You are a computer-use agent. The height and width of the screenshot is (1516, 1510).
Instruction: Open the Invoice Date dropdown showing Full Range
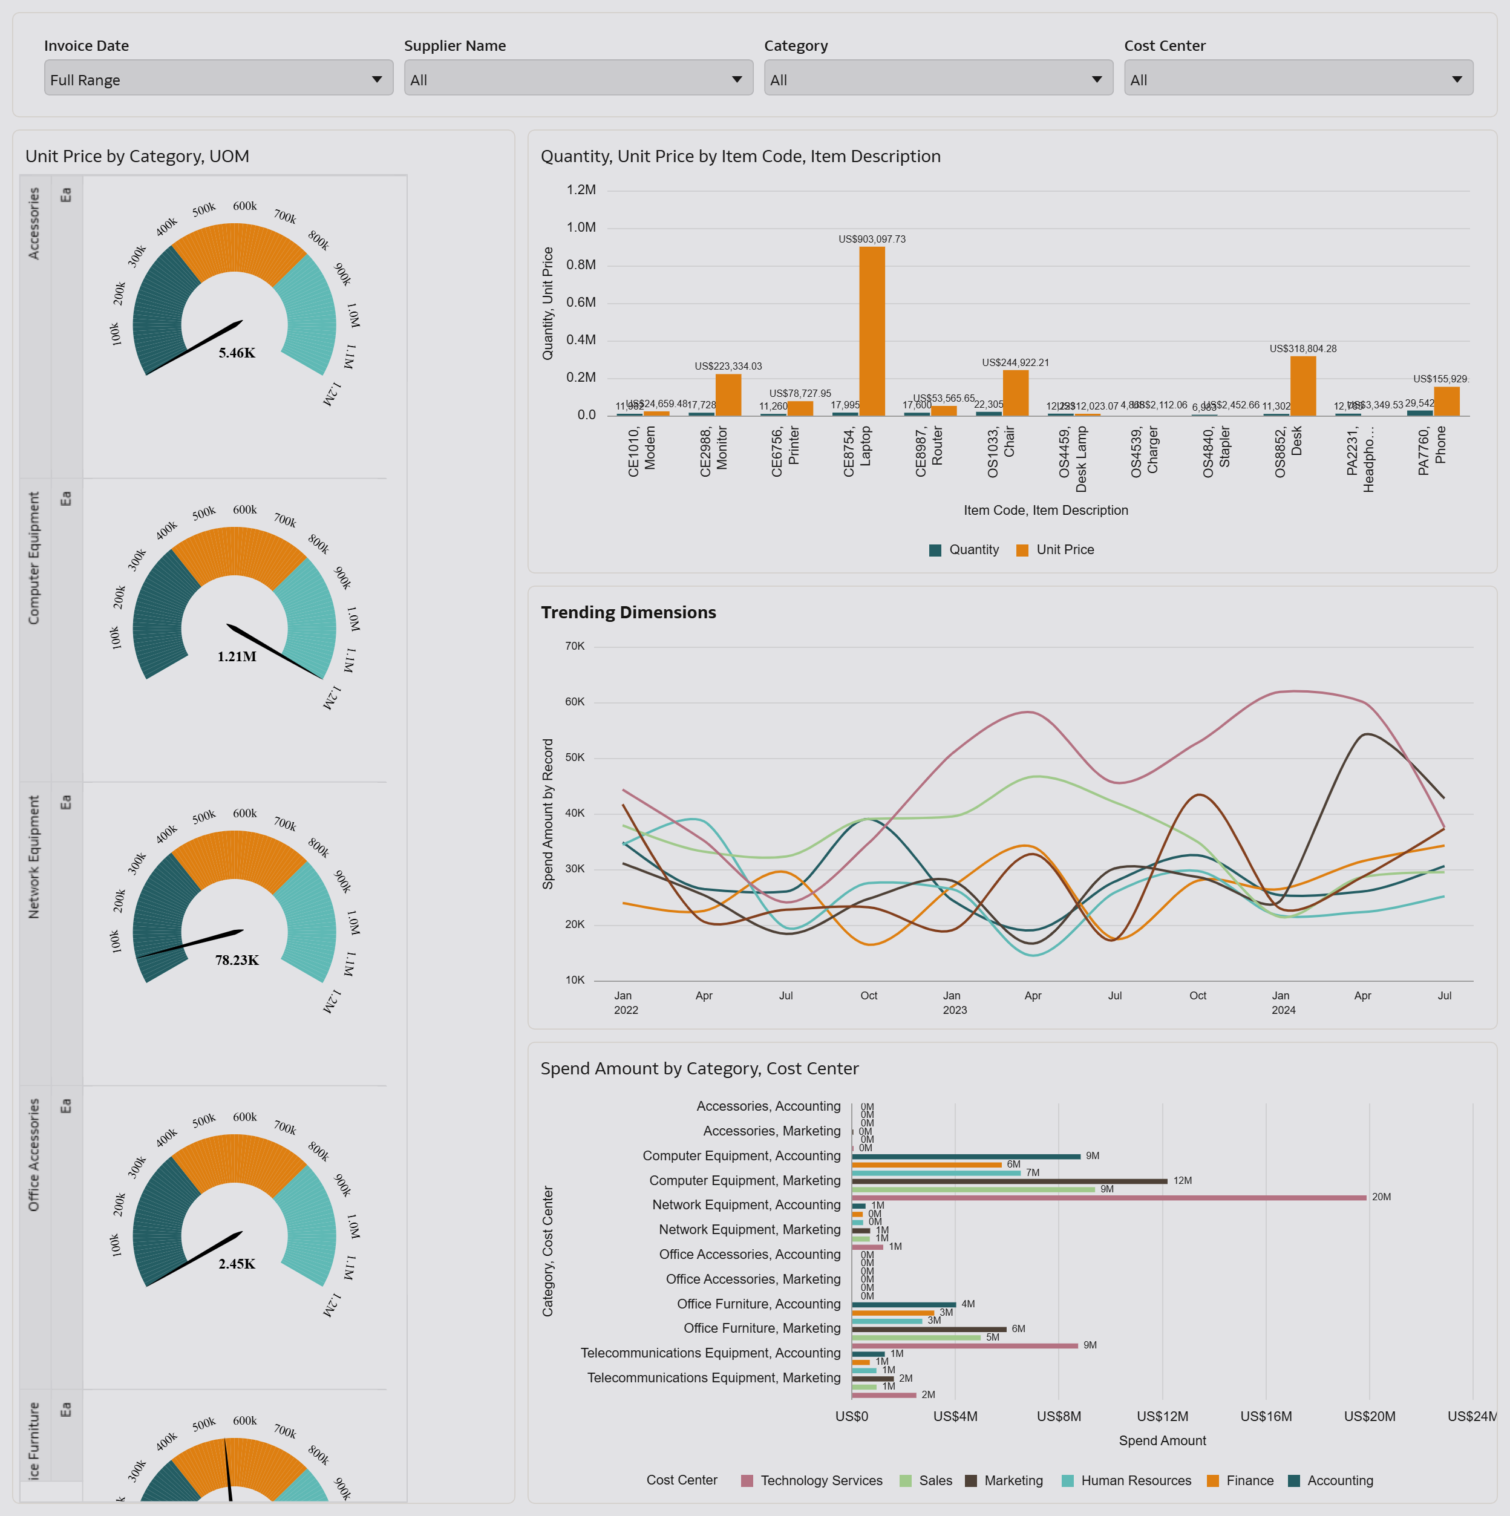[x=218, y=79]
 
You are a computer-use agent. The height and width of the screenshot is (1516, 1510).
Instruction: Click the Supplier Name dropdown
[x=578, y=79]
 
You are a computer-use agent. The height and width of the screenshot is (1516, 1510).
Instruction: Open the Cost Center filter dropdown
[x=1298, y=79]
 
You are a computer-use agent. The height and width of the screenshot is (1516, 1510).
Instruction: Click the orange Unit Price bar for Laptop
[x=872, y=330]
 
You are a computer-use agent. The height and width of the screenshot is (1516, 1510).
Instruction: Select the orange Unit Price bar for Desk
[x=1303, y=385]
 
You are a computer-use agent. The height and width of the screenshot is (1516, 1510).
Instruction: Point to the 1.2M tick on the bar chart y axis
[x=581, y=190]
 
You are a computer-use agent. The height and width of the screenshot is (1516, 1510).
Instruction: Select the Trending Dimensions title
[x=628, y=612]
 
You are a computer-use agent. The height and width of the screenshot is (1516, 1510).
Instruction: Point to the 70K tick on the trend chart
[x=575, y=647]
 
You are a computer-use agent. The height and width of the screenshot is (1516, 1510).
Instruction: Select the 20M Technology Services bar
[x=1108, y=1197]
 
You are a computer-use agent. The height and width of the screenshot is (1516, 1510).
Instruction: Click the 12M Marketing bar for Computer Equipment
[x=1008, y=1181]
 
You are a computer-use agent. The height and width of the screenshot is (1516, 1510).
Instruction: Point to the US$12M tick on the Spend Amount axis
[x=1162, y=1416]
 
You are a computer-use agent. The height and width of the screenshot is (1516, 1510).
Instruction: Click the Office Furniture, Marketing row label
[x=761, y=1328]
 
